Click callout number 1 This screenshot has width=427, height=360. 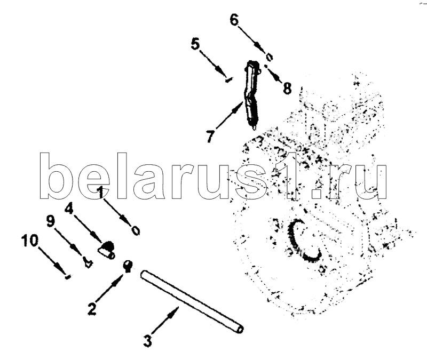pyautogui.click(x=100, y=192)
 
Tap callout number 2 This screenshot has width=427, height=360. pyautogui.click(x=92, y=307)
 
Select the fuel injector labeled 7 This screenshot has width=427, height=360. pyautogui.click(x=252, y=96)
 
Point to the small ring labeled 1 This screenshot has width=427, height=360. pyautogui.click(x=136, y=230)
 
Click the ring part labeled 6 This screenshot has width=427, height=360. pyautogui.click(x=270, y=55)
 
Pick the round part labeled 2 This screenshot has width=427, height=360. pyautogui.click(x=128, y=265)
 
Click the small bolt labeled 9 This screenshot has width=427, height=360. pyautogui.click(x=88, y=261)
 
